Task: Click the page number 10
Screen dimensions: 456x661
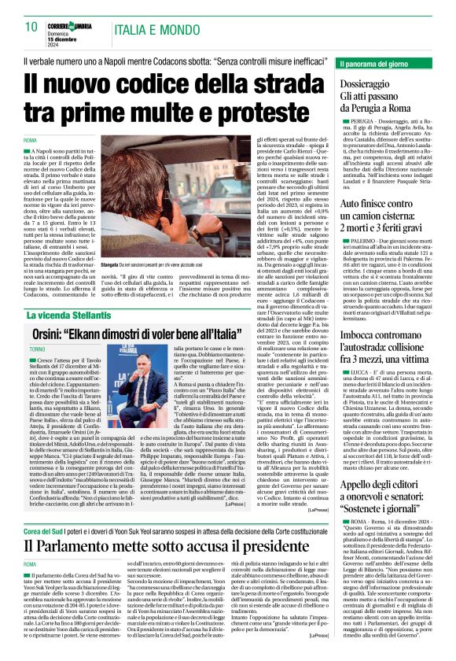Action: [x=31, y=27]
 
